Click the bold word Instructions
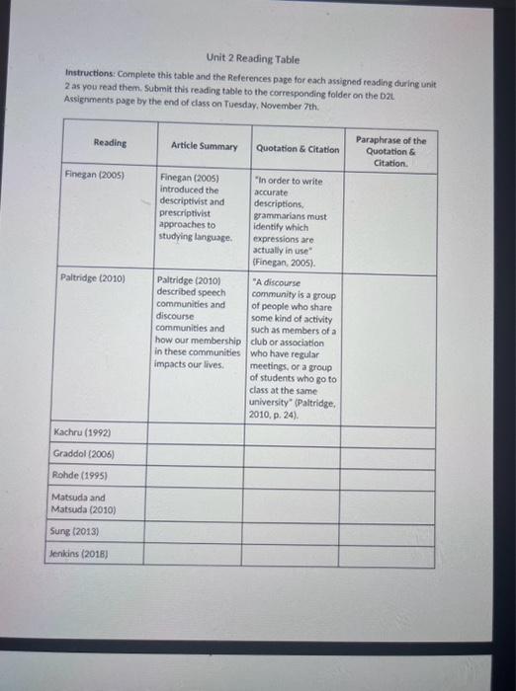pos(92,74)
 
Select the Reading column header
pos(110,143)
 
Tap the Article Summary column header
pos(204,146)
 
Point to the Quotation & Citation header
pos(298,149)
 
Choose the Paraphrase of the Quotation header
pos(391,151)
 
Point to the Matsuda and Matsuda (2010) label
pos(85,504)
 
